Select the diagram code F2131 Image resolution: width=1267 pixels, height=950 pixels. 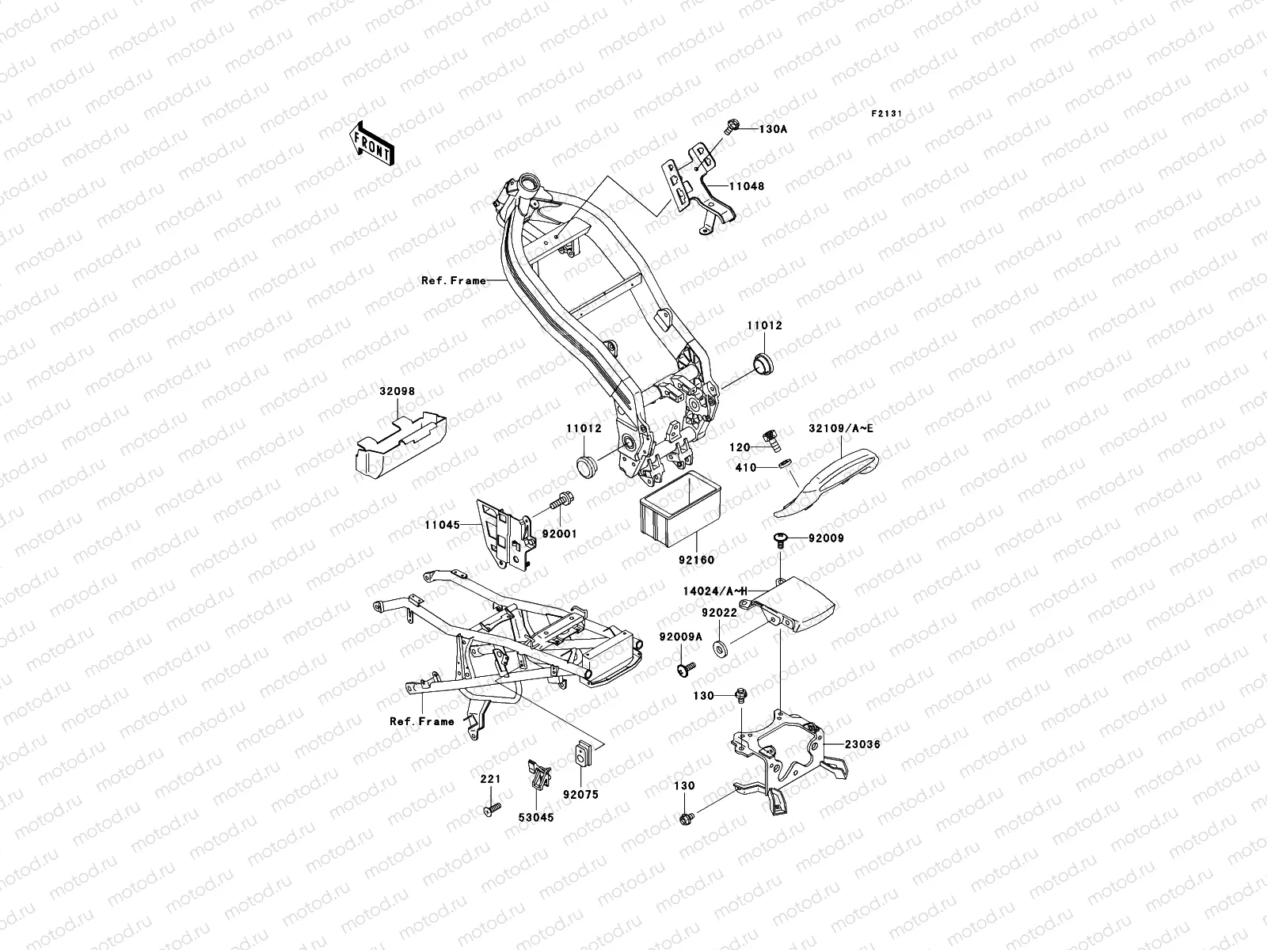(x=887, y=114)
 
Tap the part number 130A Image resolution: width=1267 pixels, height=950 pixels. (x=774, y=128)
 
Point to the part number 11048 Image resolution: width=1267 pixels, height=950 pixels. (x=747, y=186)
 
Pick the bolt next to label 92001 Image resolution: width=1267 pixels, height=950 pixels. (x=562, y=501)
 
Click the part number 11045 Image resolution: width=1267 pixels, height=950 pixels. (x=442, y=524)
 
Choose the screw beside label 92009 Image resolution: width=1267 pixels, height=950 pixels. (x=780, y=539)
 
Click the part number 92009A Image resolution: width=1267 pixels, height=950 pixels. (x=680, y=636)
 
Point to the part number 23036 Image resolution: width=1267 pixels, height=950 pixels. (x=862, y=744)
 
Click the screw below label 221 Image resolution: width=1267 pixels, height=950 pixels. (x=491, y=810)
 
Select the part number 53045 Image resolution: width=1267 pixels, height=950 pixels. (x=538, y=817)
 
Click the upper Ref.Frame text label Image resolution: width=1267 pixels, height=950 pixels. (x=454, y=280)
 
